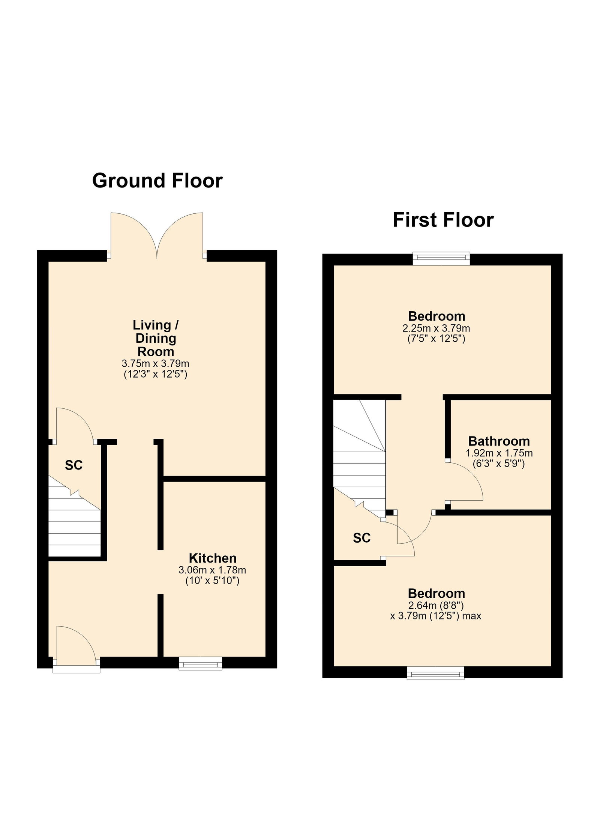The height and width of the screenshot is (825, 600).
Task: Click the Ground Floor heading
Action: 157,181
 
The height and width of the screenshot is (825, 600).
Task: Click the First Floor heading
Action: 443,220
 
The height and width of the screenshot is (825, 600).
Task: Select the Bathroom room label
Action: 499,441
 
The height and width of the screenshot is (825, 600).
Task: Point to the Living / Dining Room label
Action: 156,338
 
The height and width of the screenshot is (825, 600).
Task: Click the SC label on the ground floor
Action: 73,465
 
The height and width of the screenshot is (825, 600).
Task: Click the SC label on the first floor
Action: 361,538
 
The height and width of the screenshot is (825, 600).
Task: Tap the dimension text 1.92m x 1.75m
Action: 499,453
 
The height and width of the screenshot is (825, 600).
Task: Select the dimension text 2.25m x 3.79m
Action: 436,328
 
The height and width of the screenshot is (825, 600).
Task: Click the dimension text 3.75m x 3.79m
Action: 156,363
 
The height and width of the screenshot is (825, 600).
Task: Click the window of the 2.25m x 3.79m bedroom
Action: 441,258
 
